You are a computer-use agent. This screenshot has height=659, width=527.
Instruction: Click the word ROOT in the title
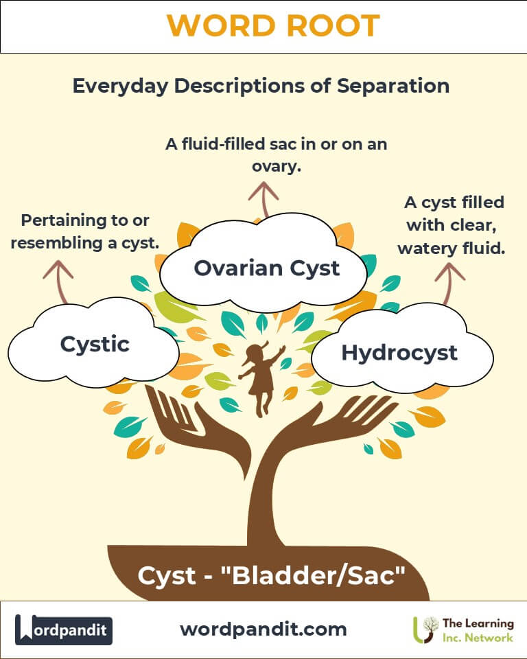point(333,25)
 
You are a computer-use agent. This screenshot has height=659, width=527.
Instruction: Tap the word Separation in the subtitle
point(393,86)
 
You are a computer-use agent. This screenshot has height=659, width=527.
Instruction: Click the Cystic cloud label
point(95,345)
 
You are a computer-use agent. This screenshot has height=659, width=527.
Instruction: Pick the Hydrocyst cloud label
point(399,353)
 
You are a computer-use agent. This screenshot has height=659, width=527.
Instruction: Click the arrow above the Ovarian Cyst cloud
point(263,200)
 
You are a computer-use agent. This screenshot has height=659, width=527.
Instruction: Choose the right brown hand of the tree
point(332,424)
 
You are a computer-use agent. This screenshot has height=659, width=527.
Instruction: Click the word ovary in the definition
point(276,167)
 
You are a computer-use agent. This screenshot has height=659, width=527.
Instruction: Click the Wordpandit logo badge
point(64,629)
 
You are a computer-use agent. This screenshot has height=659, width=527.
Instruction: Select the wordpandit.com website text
point(263,629)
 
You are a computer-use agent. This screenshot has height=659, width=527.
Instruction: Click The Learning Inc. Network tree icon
point(425,629)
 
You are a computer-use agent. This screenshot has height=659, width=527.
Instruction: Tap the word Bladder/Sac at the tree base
point(313,575)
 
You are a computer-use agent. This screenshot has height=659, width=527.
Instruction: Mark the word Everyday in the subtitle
point(121,86)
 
